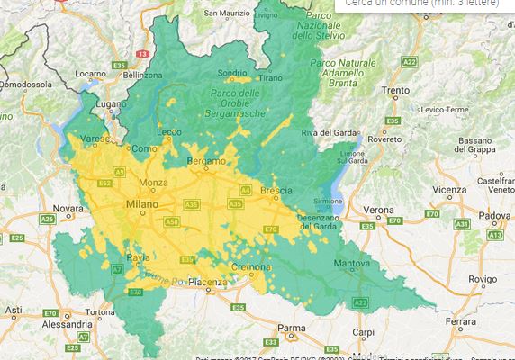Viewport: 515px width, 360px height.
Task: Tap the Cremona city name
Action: pyautogui.click(x=246, y=269)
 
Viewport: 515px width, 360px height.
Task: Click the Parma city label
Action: pyautogui.click(x=291, y=328)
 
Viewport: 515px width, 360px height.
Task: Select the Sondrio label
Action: pyautogui.click(x=231, y=74)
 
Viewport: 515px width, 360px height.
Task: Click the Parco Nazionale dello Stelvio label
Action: pyautogui.click(x=317, y=27)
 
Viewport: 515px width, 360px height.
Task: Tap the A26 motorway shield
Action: pyautogui.click(x=47, y=219)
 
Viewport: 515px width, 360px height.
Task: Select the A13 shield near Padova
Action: pyautogui.click(x=493, y=234)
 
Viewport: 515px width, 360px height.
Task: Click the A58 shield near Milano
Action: pyautogui.click(x=172, y=220)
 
